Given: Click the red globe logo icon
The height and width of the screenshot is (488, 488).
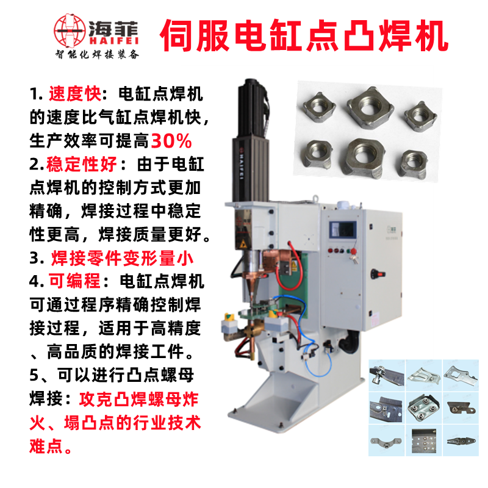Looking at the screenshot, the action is [70, 30].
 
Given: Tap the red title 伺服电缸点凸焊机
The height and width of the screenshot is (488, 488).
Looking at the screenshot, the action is [304, 35].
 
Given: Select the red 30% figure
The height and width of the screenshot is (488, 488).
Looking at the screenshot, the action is [171, 141].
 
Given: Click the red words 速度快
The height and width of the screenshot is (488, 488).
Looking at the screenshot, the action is [75, 94].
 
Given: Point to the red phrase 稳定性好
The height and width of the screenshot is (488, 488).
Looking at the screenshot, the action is [82, 164].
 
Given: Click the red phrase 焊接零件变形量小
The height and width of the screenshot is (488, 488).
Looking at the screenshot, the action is [122, 258].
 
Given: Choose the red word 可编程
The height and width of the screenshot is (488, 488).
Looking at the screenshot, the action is [74, 281].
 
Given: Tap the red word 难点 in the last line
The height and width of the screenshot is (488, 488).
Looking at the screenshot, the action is [46, 446].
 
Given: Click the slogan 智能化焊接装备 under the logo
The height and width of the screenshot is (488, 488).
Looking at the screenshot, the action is [97, 55].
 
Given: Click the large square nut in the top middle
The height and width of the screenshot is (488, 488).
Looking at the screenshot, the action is [370, 108].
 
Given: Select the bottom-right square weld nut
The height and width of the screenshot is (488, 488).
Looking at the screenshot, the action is [414, 164].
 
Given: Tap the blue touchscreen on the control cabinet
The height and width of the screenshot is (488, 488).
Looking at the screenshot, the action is [343, 230].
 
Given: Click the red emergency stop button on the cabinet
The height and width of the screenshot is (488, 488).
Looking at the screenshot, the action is [353, 251].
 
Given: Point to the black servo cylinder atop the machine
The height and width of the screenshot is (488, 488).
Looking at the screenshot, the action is [251, 141].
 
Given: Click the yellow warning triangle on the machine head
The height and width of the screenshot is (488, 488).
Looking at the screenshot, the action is [242, 245].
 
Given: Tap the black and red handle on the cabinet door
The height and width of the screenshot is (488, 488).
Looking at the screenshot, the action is [378, 274].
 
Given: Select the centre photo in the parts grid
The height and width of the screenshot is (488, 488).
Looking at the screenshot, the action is [423, 407].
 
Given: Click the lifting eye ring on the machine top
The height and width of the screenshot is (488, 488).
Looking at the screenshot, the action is [315, 198].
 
